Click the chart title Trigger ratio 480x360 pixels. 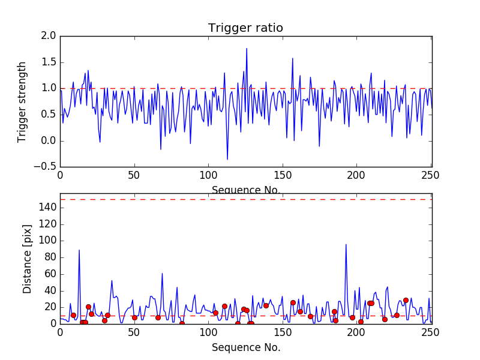click(x=245, y=28)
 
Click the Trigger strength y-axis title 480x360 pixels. click(x=22, y=101)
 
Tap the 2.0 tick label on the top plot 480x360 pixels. click(x=49, y=36)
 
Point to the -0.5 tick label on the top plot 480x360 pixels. click(x=46, y=167)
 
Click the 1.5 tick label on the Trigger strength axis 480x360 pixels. click(x=49, y=62)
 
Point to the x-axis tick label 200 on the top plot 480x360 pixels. click(x=356, y=176)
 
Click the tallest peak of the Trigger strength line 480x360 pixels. click(x=247, y=49)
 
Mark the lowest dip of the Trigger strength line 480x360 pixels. click(x=227, y=160)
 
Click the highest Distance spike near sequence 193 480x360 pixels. click(x=346, y=244)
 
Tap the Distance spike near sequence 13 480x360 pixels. click(x=79, y=250)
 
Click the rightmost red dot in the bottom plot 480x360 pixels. click(x=406, y=300)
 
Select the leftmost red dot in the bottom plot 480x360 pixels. click(x=73, y=315)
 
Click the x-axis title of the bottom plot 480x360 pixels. click(x=245, y=347)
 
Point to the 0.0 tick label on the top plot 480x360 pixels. click(x=49, y=140)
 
